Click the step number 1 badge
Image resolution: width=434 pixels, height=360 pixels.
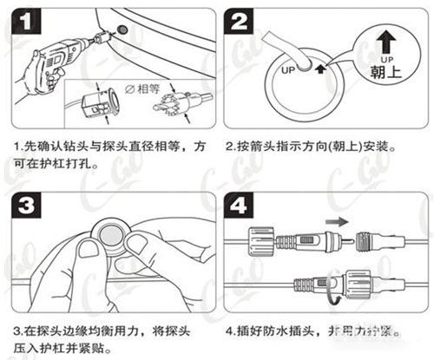26,21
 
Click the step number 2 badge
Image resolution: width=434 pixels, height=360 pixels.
239,21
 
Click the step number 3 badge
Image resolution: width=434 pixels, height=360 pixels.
26,205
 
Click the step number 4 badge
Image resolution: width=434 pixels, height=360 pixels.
239,205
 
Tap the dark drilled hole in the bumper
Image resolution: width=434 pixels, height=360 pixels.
122,29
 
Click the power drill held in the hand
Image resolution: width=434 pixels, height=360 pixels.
58,61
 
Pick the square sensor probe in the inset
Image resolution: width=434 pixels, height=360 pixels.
100,103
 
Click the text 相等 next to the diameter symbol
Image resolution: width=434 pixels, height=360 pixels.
148,89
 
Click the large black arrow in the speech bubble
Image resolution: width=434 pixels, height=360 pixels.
386,43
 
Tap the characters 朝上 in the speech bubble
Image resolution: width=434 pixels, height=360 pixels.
386,71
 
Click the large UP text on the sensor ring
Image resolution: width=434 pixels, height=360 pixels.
288,70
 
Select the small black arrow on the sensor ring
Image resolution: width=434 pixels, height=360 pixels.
320,69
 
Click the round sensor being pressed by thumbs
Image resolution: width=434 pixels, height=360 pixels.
111,235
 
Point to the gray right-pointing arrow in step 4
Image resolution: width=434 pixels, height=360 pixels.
337,222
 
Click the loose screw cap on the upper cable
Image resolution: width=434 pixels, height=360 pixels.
261,241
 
